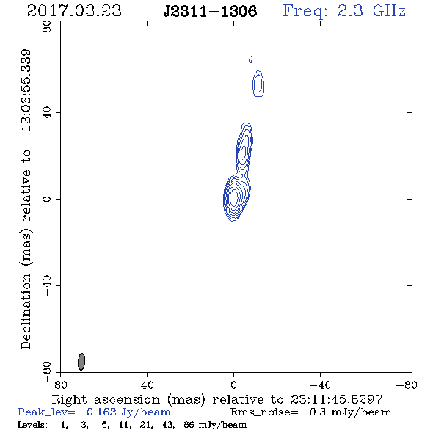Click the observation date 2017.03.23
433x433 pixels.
tap(74, 11)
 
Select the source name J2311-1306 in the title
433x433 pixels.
tap(210, 12)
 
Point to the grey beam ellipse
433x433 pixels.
tap(81, 362)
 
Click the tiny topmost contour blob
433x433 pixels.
tap(250, 59)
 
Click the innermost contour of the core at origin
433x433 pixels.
tap(234, 197)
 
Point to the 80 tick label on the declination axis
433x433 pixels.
tap(47, 26)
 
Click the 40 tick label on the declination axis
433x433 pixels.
tap(47, 113)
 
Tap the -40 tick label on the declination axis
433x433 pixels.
tap(47, 285)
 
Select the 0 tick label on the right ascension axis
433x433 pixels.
tap(233, 385)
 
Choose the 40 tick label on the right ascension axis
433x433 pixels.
tap(147, 385)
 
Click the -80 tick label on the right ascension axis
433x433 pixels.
tap(406, 385)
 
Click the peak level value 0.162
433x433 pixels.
tap(101, 412)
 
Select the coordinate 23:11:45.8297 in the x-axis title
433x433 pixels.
tap(336, 399)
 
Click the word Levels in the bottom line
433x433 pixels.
tap(32, 425)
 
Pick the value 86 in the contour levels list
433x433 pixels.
tap(189, 425)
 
